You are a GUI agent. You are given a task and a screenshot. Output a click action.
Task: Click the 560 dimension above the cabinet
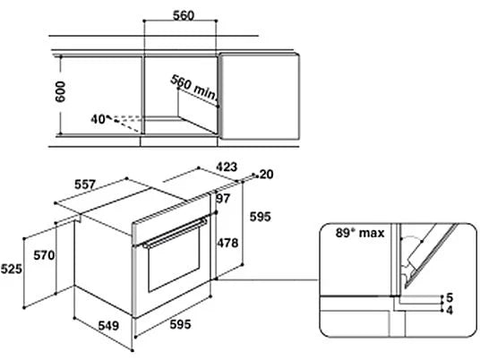pos(184,15)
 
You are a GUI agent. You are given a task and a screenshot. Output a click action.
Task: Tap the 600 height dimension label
pos(60,91)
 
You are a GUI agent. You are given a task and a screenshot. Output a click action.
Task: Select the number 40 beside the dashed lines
pos(99,119)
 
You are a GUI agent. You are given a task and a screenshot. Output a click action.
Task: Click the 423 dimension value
pos(227,167)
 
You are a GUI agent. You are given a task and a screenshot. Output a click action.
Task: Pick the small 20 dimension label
pos(266,175)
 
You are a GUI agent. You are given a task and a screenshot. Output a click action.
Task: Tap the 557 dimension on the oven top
pos(85,184)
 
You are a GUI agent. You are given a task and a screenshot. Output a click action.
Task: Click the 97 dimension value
pos(223,199)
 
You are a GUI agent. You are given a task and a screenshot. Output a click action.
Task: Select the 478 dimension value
pos(227,243)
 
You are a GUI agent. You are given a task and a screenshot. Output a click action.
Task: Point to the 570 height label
pos(44,255)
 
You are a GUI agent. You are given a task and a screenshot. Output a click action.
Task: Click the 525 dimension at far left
pos(12,269)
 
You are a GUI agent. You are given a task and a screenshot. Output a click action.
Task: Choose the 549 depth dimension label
pos(108,325)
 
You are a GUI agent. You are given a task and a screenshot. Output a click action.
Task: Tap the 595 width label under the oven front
pos(180,324)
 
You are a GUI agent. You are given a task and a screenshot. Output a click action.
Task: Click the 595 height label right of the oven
pos(261,217)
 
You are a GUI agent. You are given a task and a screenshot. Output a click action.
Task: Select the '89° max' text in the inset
pos(360,233)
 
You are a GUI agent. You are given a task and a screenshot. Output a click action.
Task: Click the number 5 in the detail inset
pos(450,297)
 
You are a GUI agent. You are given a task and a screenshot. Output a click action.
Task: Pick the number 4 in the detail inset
pos(450,311)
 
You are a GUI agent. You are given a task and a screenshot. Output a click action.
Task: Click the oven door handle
pos(176,233)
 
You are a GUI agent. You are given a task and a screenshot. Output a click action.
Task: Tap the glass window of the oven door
pos(174,260)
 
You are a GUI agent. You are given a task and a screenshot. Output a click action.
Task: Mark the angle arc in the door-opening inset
pos(412,236)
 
